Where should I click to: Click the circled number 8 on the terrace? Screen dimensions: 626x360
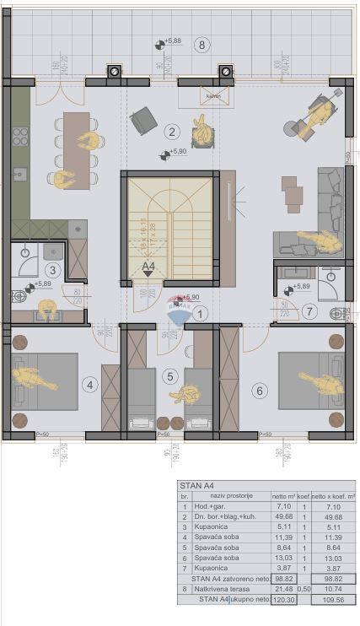coord(201,45)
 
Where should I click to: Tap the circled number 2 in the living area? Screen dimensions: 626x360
coord(171,131)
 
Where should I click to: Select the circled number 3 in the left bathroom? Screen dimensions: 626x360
coord(52,270)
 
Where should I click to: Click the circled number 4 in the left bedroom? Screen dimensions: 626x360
coord(91,385)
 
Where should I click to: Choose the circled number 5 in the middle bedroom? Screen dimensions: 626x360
coord(169,377)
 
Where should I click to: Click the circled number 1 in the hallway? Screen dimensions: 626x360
coord(200,313)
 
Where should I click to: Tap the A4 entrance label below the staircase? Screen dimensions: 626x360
coord(148,268)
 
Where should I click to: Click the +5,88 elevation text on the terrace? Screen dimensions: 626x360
coord(173,40)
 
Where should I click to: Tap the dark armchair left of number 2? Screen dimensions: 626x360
coord(142,121)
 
